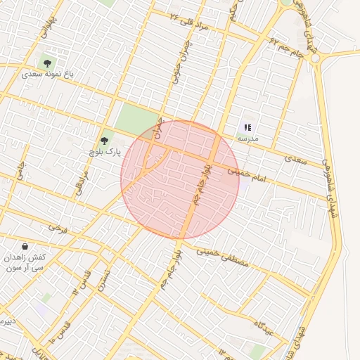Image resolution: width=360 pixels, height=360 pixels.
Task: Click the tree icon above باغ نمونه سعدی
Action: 47,63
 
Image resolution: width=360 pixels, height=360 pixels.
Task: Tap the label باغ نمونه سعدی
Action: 48,73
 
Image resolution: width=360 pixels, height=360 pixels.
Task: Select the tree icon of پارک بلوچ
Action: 105,141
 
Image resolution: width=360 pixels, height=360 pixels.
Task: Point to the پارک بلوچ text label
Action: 105,151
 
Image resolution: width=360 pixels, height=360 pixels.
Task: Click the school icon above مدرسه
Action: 247,127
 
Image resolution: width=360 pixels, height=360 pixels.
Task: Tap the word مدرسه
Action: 247,139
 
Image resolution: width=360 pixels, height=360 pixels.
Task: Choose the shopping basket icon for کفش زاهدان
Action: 25,247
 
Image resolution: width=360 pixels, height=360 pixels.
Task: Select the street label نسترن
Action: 104,280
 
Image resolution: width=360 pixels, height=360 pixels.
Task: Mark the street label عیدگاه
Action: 257,326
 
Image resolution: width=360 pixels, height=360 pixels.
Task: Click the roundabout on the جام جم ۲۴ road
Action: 314,58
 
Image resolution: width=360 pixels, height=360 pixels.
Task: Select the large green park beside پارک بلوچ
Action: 136,119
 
